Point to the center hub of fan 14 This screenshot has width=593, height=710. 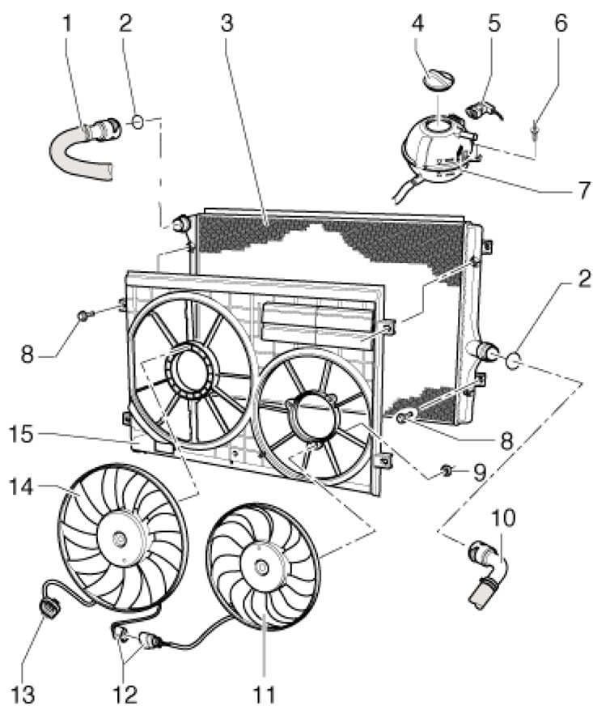click(x=121, y=540)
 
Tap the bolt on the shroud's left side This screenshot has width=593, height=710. click(x=85, y=314)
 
